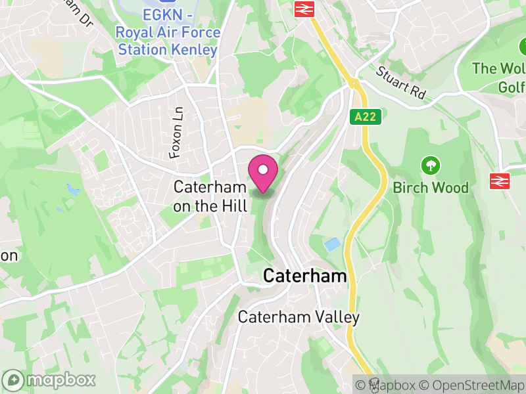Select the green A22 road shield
(x=363, y=116)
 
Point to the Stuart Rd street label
(x=402, y=82)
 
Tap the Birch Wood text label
(x=431, y=188)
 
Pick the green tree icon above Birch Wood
(x=431, y=165)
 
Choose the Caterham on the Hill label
(x=210, y=196)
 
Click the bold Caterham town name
(x=304, y=276)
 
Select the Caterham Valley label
(x=299, y=318)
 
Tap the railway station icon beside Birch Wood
(x=500, y=181)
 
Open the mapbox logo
(x=50, y=380)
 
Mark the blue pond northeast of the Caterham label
(x=333, y=245)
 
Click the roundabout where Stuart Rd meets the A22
(x=354, y=83)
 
